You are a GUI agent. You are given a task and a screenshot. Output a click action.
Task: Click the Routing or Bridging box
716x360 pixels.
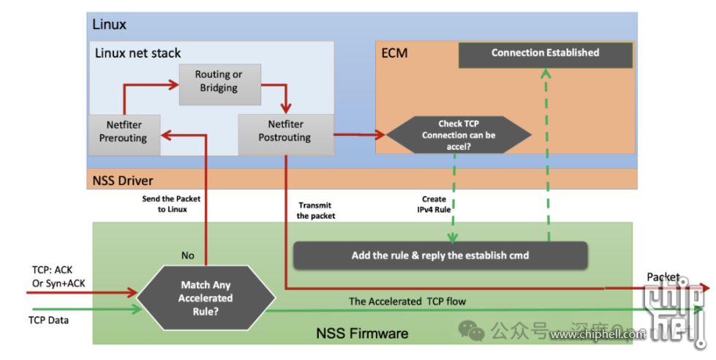click(x=218, y=80)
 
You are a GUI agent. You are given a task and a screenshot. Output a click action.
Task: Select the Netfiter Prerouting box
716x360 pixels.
click(x=124, y=132)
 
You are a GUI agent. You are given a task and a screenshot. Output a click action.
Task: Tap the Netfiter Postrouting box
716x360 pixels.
click(x=284, y=132)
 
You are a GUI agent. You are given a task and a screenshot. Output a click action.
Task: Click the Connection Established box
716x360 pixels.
click(x=545, y=53)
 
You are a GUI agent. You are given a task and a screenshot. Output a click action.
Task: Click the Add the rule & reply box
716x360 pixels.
click(x=440, y=255)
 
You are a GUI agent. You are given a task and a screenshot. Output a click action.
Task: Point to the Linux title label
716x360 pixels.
click(x=109, y=24)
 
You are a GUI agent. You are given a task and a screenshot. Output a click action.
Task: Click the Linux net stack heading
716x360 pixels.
click(x=138, y=53)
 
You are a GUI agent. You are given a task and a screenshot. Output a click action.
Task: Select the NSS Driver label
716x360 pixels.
click(x=122, y=180)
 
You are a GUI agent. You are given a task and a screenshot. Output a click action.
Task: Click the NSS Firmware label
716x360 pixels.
click(x=362, y=334)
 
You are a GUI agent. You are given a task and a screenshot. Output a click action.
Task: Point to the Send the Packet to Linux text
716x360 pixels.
click(x=170, y=204)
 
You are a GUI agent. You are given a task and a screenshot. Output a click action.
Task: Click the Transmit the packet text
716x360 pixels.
click(x=316, y=211)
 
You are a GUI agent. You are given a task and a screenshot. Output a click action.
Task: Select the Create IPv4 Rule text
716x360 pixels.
click(x=434, y=204)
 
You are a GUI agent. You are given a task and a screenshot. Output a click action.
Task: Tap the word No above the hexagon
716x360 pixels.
click(x=187, y=255)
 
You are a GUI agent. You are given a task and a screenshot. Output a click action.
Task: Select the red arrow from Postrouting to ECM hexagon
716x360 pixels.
click(x=358, y=135)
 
